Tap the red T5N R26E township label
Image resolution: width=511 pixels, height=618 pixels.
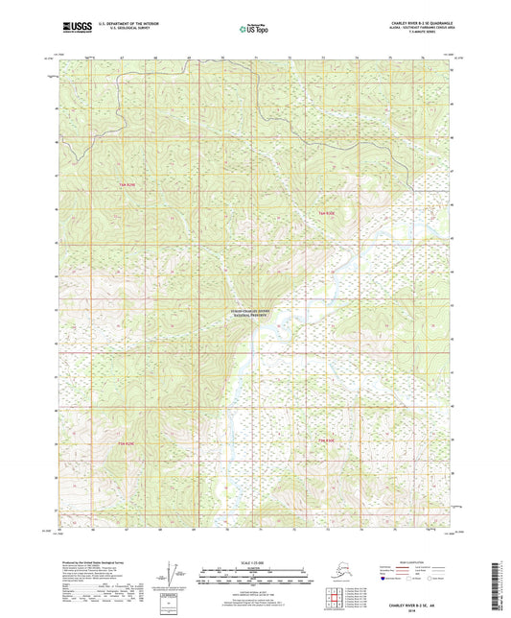point(327,212)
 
